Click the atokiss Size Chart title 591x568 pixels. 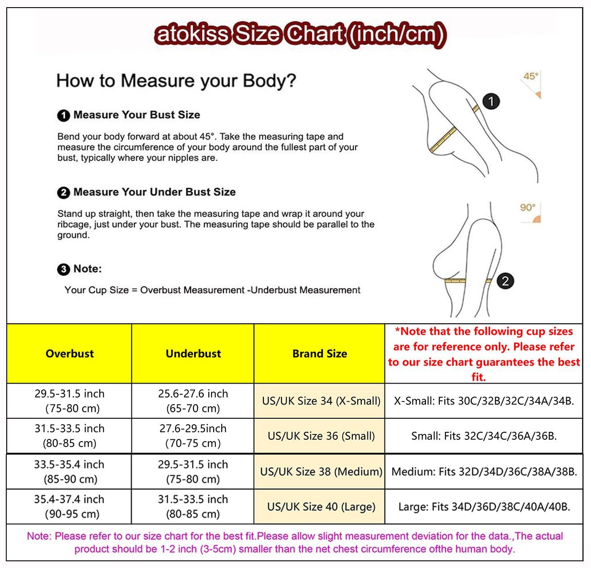[300, 34]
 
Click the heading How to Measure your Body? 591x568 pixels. [176, 81]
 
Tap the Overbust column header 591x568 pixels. [70, 354]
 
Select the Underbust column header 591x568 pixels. [193, 354]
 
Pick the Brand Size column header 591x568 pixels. [320, 354]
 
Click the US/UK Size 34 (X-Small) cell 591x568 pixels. [321, 401]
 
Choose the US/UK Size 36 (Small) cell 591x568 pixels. [321, 436]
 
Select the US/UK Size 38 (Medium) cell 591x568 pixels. [321, 472]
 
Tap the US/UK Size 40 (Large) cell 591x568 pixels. [321, 507]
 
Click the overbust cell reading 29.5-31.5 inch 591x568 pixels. [70, 401]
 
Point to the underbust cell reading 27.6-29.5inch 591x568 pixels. [193, 436]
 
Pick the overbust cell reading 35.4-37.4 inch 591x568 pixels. [70, 506]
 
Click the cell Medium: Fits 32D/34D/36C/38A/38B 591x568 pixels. [484, 472]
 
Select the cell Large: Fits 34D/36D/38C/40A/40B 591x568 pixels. [484, 507]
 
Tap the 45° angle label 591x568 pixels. [531, 76]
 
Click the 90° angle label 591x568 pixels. [528, 208]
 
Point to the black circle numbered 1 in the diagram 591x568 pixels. [491, 101]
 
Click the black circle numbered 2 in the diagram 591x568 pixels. [505, 281]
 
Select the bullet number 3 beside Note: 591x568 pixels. [63, 269]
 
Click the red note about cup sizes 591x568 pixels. [484, 354]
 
